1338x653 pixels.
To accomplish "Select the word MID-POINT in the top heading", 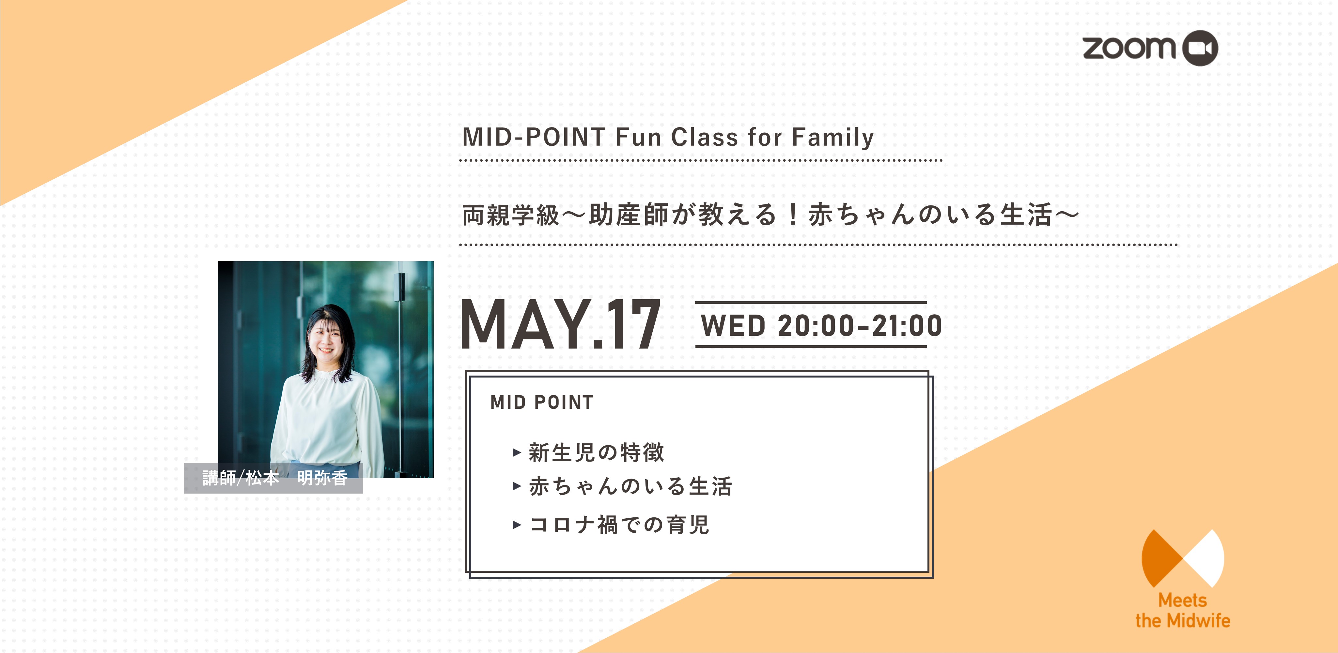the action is [x=534, y=137].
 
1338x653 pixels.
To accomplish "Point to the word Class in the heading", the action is [x=704, y=137].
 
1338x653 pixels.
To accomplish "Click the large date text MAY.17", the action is [x=560, y=324].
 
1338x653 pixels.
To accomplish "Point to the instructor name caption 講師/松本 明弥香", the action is [x=274, y=478].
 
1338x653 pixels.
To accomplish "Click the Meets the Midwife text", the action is [x=1183, y=610].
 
